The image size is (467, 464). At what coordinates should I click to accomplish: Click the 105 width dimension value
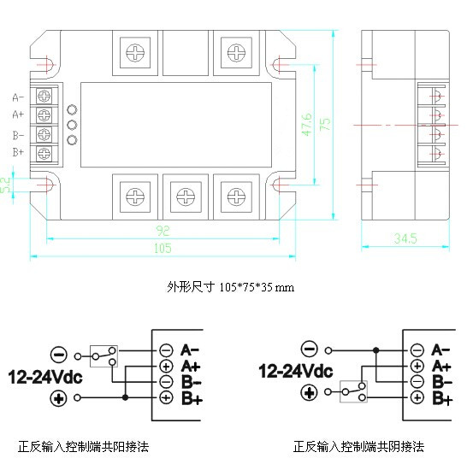pyautogui.click(x=163, y=248)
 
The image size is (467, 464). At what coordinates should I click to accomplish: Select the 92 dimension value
pyautogui.click(x=163, y=231)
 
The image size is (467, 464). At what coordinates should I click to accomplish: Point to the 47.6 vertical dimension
pyautogui.click(x=307, y=125)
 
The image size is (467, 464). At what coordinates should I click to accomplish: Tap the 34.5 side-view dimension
pyautogui.click(x=405, y=238)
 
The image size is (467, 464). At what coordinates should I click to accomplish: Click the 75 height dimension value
pyautogui.click(x=325, y=124)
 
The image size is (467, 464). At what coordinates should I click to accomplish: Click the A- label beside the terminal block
pyautogui.click(x=18, y=97)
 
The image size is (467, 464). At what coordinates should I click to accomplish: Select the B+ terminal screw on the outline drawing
pyautogui.click(x=44, y=154)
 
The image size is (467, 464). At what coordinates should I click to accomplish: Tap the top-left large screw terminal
pyautogui.click(x=135, y=53)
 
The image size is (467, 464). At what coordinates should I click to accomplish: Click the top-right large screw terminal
pyautogui.click(x=236, y=53)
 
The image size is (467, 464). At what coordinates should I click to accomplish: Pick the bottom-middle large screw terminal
pyautogui.click(x=186, y=197)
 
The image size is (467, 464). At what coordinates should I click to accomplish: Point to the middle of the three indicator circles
pyautogui.click(x=72, y=125)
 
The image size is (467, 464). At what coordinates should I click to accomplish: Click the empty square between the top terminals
pyautogui.click(x=186, y=53)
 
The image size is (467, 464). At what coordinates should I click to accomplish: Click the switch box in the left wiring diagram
pyautogui.click(x=103, y=356)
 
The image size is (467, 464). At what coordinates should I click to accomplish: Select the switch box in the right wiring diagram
pyautogui.click(x=353, y=391)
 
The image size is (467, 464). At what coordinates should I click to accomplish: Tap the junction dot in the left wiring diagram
pyautogui.click(x=126, y=397)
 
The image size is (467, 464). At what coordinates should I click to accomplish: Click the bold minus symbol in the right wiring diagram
pyautogui.click(x=310, y=349)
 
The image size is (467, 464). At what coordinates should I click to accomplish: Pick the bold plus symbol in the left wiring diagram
pyautogui.click(x=58, y=398)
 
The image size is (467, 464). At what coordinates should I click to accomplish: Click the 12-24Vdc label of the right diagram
pyautogui.click(x=295, y=371)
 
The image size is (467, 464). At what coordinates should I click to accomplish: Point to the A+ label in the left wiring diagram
pyautogui.click(x=191, y=366)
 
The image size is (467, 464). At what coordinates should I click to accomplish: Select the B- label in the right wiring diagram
pyautogui.click(x=442, y=382)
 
